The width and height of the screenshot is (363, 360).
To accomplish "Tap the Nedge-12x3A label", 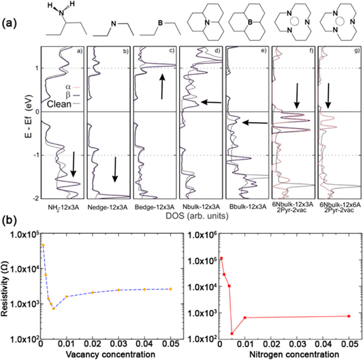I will [109, 206].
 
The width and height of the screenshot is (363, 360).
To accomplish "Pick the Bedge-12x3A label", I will [155, 206].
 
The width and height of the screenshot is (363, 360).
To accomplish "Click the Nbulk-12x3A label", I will [200, 206].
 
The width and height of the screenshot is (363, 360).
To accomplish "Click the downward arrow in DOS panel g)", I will [329, 94].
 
